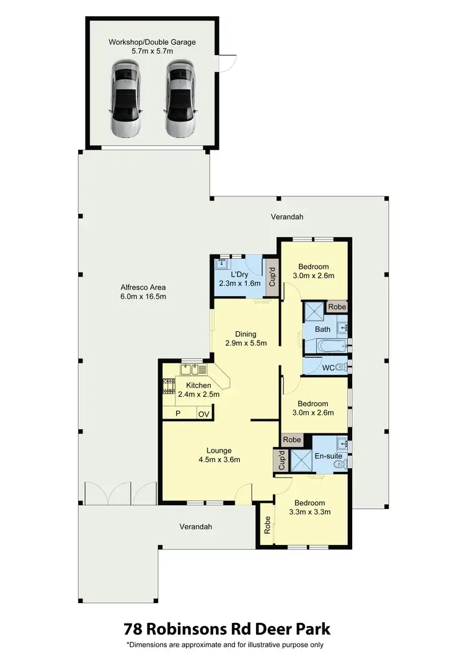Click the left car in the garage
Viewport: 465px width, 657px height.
[x=126, y=100]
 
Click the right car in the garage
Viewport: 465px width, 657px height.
[x=180, y=100]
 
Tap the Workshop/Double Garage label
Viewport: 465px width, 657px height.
[x=152, y=42]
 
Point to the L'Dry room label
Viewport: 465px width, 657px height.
[x=240, y=274]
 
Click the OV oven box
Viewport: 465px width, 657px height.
[x=203, y=414]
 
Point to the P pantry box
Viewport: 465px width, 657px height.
[x=178, y=414]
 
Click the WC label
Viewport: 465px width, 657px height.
[x=329, y=368]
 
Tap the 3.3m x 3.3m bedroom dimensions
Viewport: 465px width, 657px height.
[x=309, y=512]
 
